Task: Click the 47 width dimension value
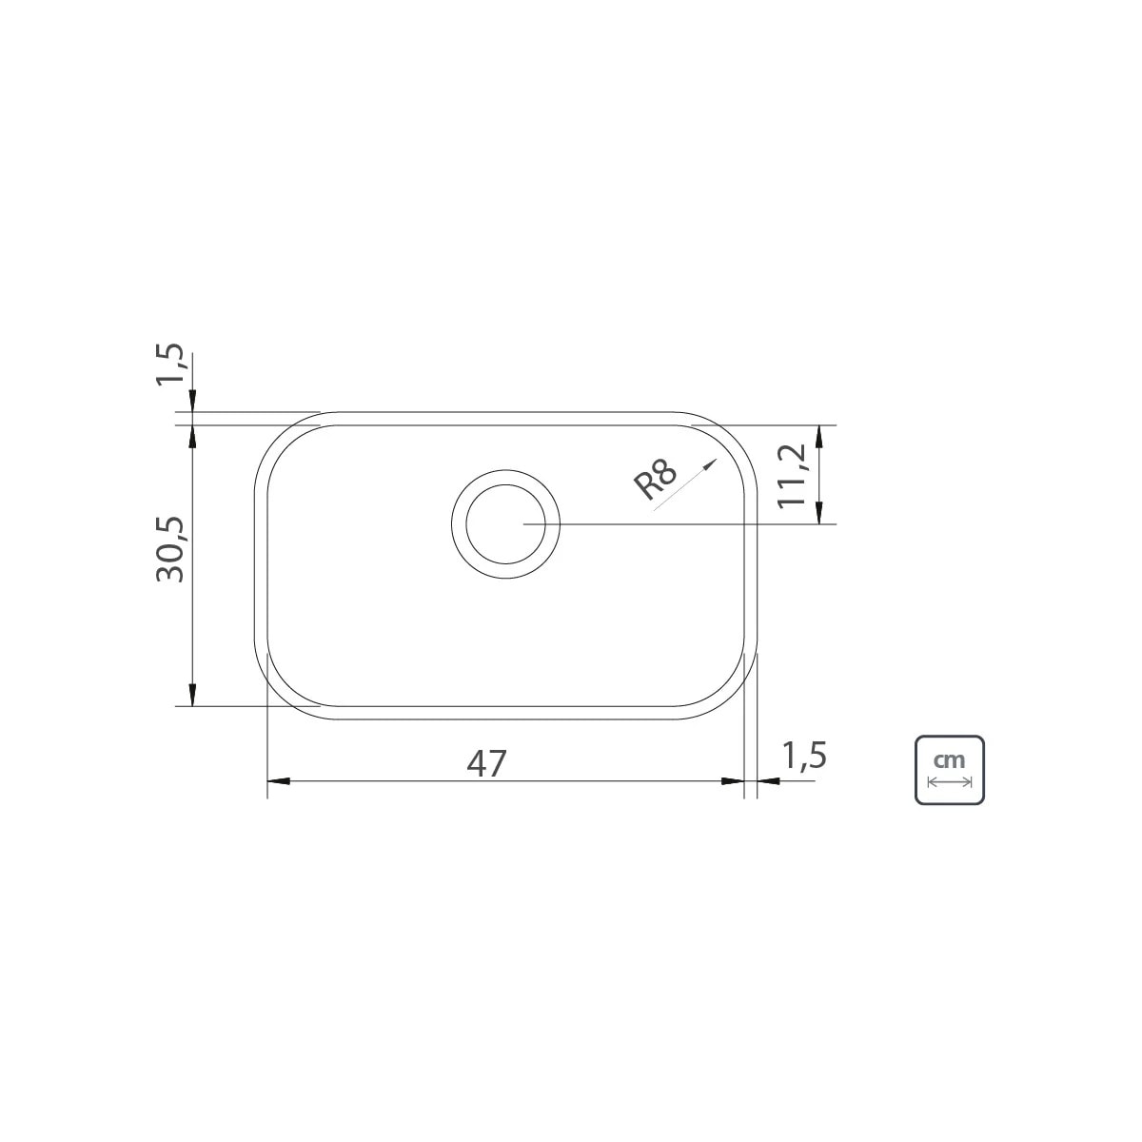[x=486, y=762]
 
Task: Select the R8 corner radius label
[x=656, y=481]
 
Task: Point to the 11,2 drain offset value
[x=792, y=474]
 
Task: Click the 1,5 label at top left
[x=172, y=366]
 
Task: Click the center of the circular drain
[x=505, y=523]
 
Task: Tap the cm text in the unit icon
[x=949, y=760]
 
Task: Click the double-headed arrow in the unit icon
[x=949, y=782]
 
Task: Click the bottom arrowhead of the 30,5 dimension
[x=193, y=697]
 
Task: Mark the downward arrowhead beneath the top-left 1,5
[x=193, y=404]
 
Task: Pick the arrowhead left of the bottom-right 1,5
[x=767, y=781]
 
